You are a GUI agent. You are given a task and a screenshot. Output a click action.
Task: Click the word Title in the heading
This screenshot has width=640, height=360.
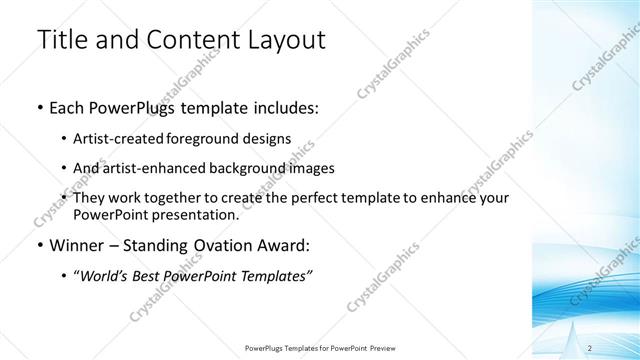coord(61,41)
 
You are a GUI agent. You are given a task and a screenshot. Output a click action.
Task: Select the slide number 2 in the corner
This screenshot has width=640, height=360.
coord(590,348)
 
